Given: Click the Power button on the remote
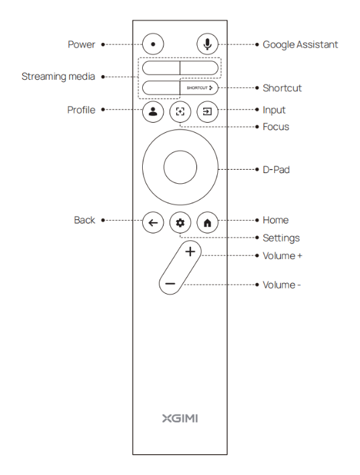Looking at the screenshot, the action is (x=153, y=44).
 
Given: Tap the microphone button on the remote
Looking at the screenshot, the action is (x=207, y=44).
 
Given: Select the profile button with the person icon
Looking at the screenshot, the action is (x=153, y=111).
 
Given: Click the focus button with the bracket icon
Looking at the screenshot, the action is (x=180, y=111).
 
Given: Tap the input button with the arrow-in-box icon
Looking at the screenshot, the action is (x=207, y=111).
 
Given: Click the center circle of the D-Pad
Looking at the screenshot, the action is (x=180, y=167).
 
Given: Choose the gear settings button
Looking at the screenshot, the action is (x=180, y=223).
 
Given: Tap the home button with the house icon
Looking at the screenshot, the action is (x=207, y=223).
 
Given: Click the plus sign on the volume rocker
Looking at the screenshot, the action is (x=190, y=252).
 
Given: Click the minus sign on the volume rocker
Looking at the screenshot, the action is (x=170, y=284).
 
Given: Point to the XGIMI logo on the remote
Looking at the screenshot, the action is (x=180, y=419).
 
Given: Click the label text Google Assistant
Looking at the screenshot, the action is (x=300, y=44).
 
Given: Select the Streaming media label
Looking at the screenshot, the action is (x=58, y=76).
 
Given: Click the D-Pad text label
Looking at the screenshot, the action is (x=276, y=170).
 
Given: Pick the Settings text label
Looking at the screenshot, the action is (x=281, y=238).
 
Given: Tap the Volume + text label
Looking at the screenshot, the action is (x=282, y=256).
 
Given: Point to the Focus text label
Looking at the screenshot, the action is (x=276, y=127).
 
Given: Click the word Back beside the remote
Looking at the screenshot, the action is (x=84, y=220).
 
